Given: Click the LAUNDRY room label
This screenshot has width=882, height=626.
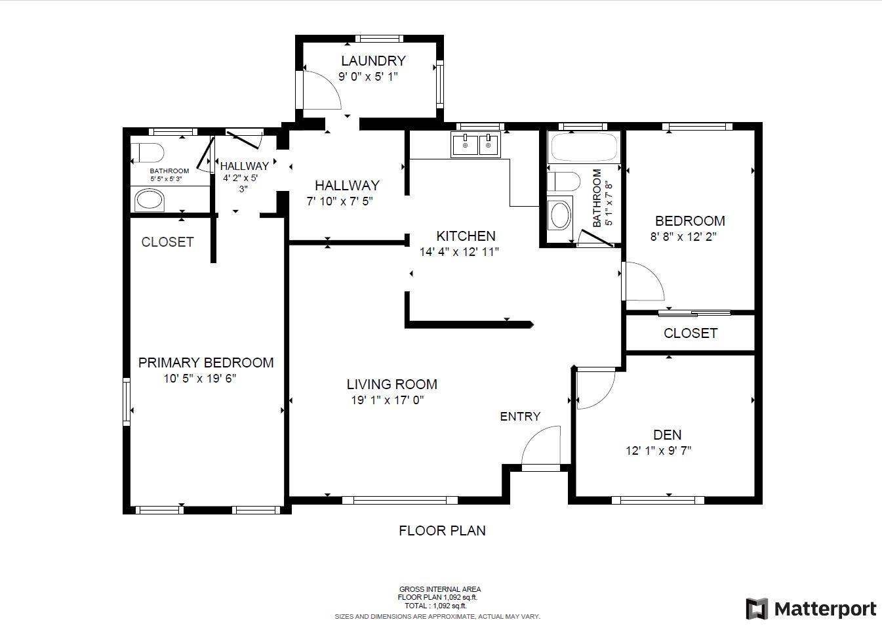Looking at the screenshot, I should (373, 61).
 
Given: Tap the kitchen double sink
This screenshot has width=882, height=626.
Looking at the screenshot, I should (475, 144).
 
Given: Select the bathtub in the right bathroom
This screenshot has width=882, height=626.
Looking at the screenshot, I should (585, 148).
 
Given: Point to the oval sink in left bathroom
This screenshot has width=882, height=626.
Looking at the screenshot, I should (150, 199).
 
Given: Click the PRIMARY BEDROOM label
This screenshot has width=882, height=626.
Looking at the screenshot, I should (206, 363).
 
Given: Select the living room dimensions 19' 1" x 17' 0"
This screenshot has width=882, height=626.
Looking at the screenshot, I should (388, 400).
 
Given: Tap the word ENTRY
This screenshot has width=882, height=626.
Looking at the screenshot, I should (520, 416).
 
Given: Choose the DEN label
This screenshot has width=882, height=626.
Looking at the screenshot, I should (667, 434).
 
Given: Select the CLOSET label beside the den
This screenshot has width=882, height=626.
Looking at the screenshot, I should (690, 333).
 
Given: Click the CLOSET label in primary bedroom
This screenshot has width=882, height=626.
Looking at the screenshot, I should (167, 242).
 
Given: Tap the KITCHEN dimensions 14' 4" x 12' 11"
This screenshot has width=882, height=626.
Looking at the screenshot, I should (459, 251).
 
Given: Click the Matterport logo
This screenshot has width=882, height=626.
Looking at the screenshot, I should (811, 609).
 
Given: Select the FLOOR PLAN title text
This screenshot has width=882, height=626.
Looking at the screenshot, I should (442, 530).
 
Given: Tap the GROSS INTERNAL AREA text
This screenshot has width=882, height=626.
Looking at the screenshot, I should (440, 589).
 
